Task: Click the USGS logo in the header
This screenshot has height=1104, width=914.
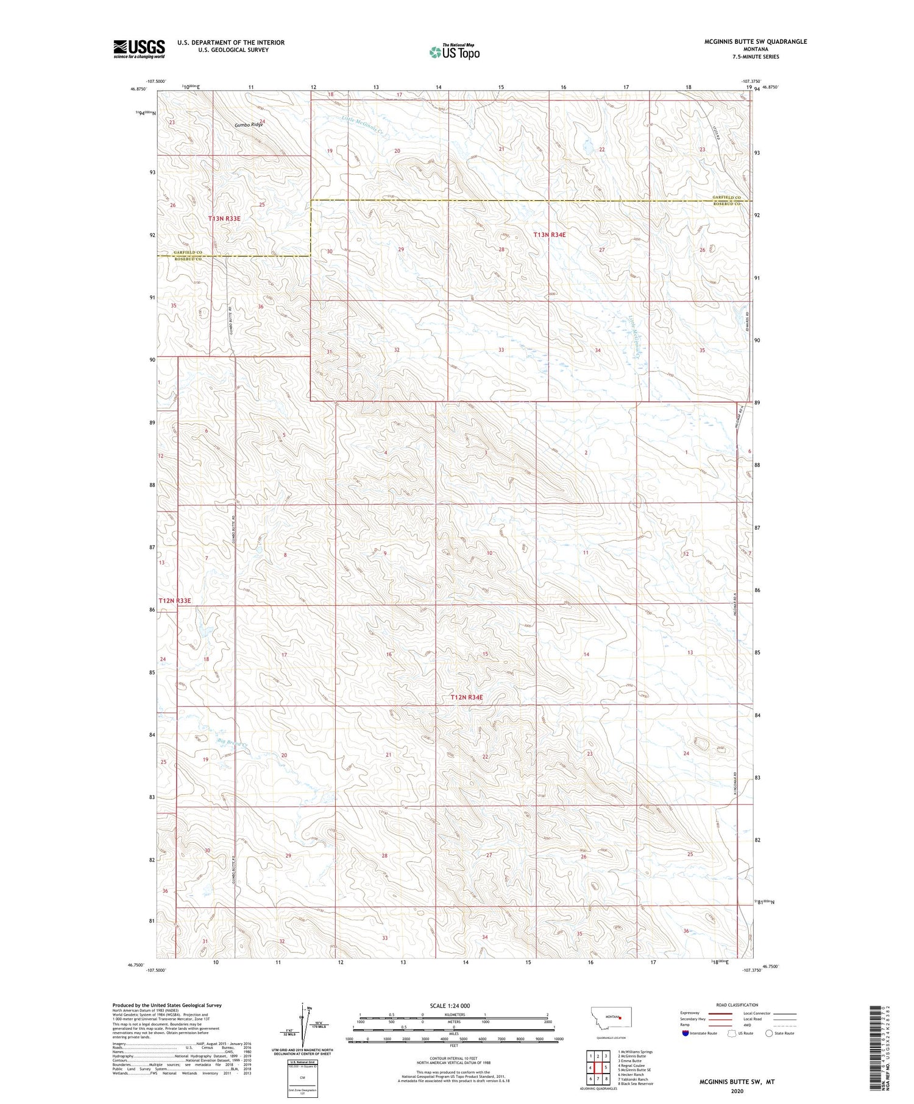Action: click(x=139, y=49)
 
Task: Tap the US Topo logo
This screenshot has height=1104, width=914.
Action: click(x=454, y=52)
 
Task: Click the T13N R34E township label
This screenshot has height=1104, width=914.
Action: click(x=550, y=234)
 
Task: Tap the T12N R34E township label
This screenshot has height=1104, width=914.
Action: click(x=467, y=697)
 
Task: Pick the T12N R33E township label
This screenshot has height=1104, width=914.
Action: click(x=175, y=600)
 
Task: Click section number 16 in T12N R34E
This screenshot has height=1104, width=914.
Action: click(x=389, y=654)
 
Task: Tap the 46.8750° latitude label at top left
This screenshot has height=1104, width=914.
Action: click(x=138, y=89)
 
